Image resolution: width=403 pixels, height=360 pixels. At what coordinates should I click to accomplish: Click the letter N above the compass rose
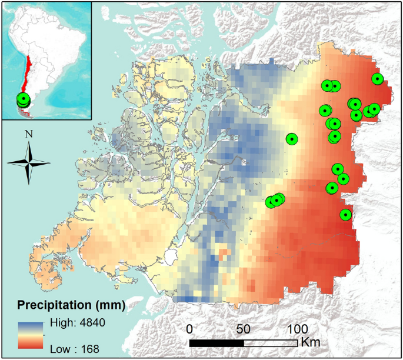click(x=28, y=134)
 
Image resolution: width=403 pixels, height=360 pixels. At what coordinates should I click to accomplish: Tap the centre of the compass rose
click(x=28, y=162)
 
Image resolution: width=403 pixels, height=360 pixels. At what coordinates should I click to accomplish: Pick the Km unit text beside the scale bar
click(x=311, y=342)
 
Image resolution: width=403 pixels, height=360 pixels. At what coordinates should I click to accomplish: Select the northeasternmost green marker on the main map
click(x=377, y=79)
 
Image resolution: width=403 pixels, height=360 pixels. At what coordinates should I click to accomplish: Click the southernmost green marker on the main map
click(x=345, y=215)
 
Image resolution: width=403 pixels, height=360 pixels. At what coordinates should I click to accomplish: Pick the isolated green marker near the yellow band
click(x=291, y=139)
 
